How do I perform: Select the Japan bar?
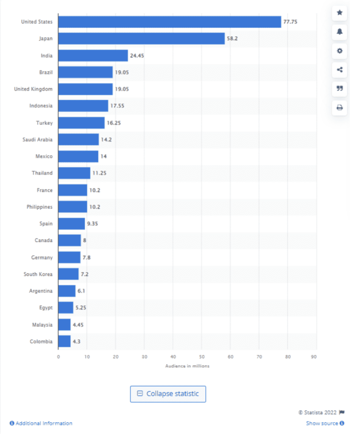[141, 39]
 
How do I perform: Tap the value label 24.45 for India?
[137, 56]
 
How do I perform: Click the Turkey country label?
[44, 123]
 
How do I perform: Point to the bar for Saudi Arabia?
[78, 139]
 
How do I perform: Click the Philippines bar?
[72, 207]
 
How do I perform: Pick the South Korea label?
[38, 274]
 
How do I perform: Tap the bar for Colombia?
[64, 342]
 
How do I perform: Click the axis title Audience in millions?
[187, 366]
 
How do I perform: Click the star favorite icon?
[340, 13]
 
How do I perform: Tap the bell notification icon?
[340, 32]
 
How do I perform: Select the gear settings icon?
[340, 51]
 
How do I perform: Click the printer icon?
[340, 108]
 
